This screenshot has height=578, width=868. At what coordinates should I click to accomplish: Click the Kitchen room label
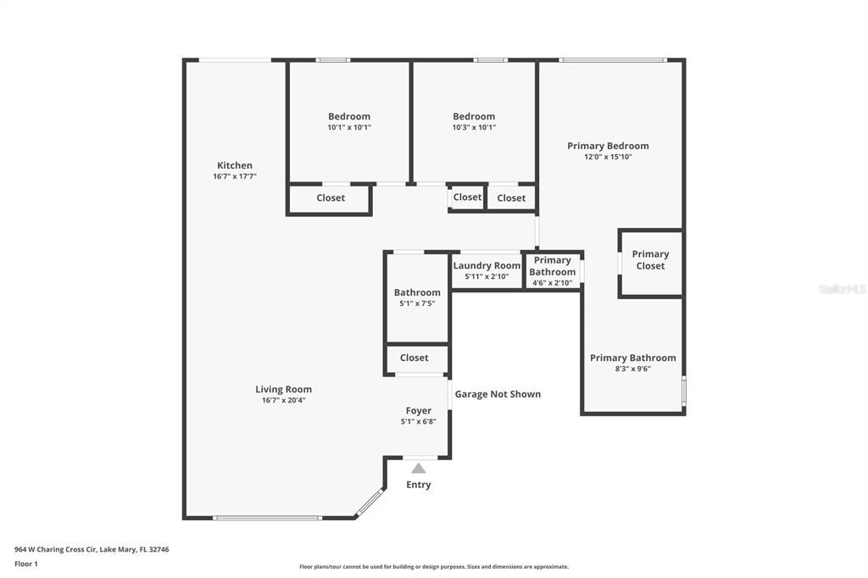(x=234, y=165)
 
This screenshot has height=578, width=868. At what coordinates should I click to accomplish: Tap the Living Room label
(x=283, y=390)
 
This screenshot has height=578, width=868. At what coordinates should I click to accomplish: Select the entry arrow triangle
(x=418, y=468)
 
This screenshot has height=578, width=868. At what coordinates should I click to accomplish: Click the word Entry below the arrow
(x=418, y=485)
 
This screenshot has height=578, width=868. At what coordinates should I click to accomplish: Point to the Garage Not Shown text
(x=498, y=394)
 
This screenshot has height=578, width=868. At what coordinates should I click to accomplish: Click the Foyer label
(x=418, y=411)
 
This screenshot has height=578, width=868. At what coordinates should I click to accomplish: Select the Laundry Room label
(x=486, y=265)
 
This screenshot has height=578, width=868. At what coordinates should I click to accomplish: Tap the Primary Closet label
(x=650, y=260)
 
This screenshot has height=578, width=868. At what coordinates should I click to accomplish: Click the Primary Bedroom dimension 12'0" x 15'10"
(x=608, y=157)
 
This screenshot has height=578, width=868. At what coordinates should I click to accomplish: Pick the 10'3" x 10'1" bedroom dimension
(x=474, y=127)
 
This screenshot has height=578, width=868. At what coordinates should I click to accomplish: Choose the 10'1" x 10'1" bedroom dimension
(x=349, y=127)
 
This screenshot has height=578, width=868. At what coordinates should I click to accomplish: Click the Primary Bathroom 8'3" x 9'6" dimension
(x=632, y=369)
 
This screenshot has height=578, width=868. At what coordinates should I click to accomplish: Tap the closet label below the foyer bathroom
(x=414, y=358)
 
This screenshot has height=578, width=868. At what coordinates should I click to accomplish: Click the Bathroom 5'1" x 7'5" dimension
(x=417, y=303)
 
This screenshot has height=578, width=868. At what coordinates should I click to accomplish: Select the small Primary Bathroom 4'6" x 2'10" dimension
(x=552, y=283)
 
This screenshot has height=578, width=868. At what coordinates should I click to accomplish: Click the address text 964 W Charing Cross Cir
(x=92, y=549)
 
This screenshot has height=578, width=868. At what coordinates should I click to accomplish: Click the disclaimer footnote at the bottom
(x=433, y=567)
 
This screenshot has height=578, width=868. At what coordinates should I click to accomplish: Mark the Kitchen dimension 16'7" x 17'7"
(x=234, y=176)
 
